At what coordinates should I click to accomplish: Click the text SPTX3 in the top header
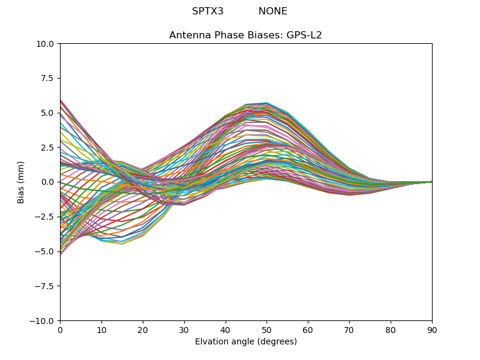(208, 11)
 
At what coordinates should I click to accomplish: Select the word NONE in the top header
(273, 11)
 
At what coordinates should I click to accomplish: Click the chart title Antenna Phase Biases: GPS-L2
(245, 35)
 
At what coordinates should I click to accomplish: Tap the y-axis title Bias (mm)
(21, 182)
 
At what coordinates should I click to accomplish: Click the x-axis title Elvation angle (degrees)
(246, 342)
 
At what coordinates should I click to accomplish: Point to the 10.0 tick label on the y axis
(46, 44)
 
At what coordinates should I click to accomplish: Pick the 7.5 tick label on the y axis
(48, 79)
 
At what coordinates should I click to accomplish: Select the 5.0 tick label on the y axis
(48, 113)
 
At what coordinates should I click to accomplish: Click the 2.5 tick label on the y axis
(48, 148)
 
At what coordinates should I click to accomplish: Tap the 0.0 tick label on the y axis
(48, 182)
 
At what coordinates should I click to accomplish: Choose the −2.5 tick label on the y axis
(46, 217)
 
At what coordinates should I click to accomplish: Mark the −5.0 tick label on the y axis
(46, 251)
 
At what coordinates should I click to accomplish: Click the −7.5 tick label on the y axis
(46, 286)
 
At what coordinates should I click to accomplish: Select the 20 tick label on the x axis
(143, 330)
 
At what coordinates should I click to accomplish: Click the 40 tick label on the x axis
(226, 330)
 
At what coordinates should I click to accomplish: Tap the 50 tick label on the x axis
(266, 330)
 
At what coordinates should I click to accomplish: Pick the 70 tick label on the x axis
(349, 330)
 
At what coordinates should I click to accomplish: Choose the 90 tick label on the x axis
(432, 330)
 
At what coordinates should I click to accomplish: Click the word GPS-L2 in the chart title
(305, 35)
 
